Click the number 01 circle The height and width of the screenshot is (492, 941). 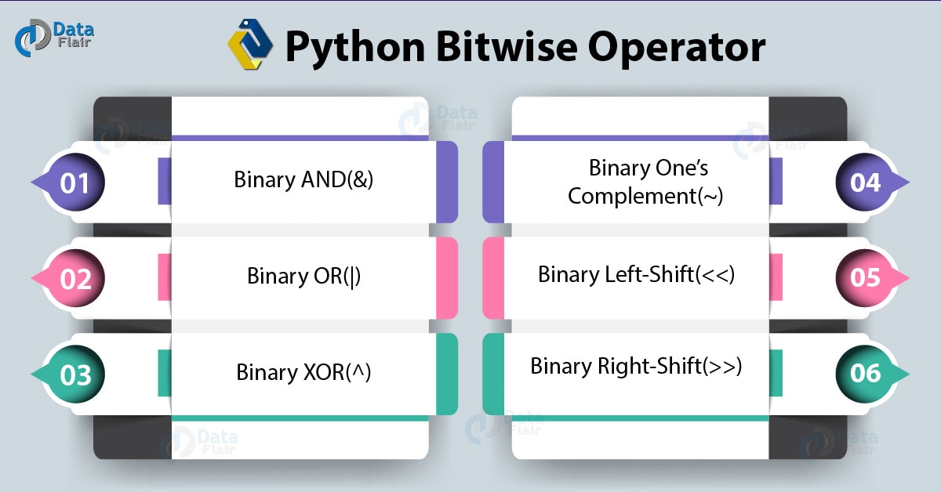75,183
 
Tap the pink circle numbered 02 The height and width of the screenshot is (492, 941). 75,279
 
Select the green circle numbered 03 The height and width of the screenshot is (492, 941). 75,375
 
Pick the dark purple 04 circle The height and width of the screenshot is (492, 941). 866,183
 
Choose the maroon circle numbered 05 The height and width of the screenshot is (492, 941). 866,279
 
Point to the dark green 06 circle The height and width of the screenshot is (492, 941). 866,374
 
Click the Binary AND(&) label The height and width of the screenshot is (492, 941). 303,179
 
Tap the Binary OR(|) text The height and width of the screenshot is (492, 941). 303,276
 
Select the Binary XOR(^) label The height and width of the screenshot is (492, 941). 303,371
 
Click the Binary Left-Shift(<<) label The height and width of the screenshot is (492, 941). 636,274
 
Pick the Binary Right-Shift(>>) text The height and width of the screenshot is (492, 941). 636,366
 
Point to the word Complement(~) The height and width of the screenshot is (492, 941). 645,196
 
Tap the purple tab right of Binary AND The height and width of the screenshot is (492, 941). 447,182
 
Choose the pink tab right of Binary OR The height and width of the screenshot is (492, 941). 447,278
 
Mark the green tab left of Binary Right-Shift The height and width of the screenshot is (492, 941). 492,374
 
